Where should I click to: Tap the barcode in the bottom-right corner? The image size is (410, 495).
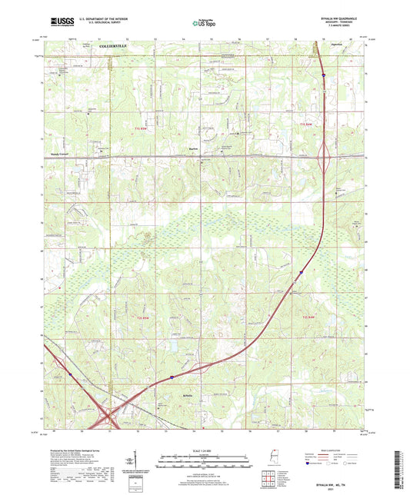[x=399, y=470]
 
